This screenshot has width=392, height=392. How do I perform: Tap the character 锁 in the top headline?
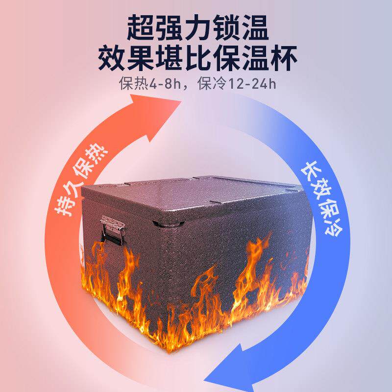[x=226, y=28]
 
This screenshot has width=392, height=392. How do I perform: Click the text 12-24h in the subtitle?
[x=252, y=84]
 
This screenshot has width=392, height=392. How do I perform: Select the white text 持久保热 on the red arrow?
[x=81, y=180]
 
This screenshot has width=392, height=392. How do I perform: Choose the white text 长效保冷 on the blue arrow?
[x=321, y=199]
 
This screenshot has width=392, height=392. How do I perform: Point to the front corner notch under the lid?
[x=167, y=223]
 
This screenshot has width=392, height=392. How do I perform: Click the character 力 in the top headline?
[x=197, y=28]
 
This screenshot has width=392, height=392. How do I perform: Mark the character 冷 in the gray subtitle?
[x=219, y=84]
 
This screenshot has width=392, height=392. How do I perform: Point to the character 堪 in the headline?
[x=168, y=58]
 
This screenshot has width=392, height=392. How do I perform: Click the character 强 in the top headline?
[x=169, y=28]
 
